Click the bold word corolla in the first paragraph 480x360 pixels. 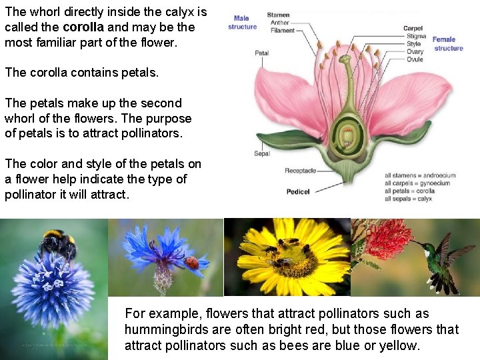[83, 27]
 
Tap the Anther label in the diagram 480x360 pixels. [280, 23]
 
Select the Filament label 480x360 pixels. [283, 31]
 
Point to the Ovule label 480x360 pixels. [414, 59]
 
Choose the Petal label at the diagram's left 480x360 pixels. [261, 53]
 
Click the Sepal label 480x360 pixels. [262, 154]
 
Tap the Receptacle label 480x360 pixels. [300, 171]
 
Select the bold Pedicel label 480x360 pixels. [298, 192]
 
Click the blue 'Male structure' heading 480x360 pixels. [242, 23]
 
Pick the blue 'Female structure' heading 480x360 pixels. [448, 43]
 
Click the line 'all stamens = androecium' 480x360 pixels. [420, 176]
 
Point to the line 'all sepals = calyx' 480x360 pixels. [409, 199]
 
